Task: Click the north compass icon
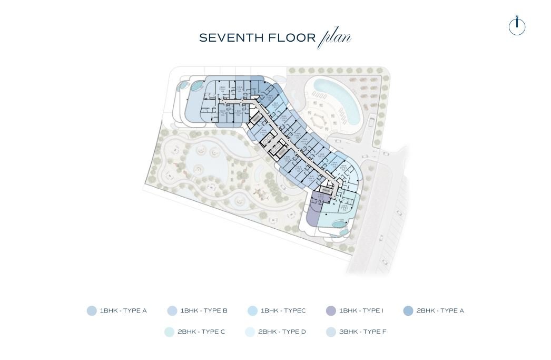coord(517,26)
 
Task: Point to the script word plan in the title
coord(335,38)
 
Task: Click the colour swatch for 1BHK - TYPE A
coord(92,311)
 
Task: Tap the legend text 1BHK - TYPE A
coord(123,311)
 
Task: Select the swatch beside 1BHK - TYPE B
coord(172,311)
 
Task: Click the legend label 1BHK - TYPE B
coord(204,311)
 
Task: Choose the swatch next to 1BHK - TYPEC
coord(252,311)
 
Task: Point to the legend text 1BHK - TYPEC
coord(283,311)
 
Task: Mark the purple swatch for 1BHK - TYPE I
coord(331,311)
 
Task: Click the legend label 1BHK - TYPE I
coord(361,311)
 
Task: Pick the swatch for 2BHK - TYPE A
coord(408,311)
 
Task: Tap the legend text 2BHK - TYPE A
coord(440,311)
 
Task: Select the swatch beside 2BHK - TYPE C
coord(169,332)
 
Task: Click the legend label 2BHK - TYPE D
coord(282,332)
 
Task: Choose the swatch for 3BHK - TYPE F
coord(331,332)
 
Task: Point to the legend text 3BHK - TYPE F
coord(362,332)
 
